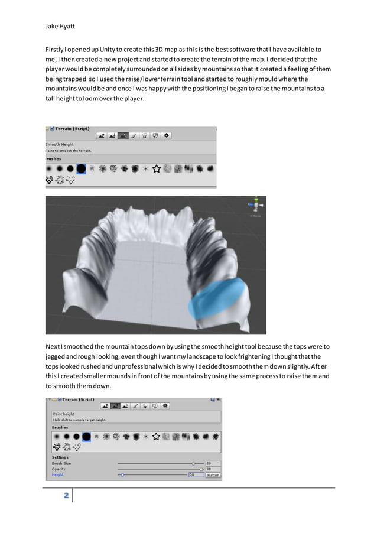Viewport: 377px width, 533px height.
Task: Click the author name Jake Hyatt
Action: click(x=60, y=26)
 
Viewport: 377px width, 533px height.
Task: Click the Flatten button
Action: click(x=213, y=474)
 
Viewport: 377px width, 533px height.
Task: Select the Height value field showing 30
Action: click(x=195, y=474)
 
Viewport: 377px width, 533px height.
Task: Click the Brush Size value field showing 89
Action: click(x=212, y=463)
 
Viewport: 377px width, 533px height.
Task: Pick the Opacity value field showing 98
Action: click(x=212, y=469)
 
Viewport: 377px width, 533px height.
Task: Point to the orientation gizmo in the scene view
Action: click(x=256, y=205)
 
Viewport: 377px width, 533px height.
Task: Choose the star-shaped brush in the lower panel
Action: click(x=156, y=437)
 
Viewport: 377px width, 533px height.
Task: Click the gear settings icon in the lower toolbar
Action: click(x=165, y=406)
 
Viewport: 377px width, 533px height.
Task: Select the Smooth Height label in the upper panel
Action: click(x=60, y=144)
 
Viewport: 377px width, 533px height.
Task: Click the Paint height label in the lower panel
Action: click(x=64, y=414)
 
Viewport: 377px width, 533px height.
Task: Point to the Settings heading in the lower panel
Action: click(x=60, y=457)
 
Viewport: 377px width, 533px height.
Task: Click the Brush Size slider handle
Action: click(x=193, y=463)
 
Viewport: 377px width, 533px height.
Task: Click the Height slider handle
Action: click(x=122, y=474)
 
